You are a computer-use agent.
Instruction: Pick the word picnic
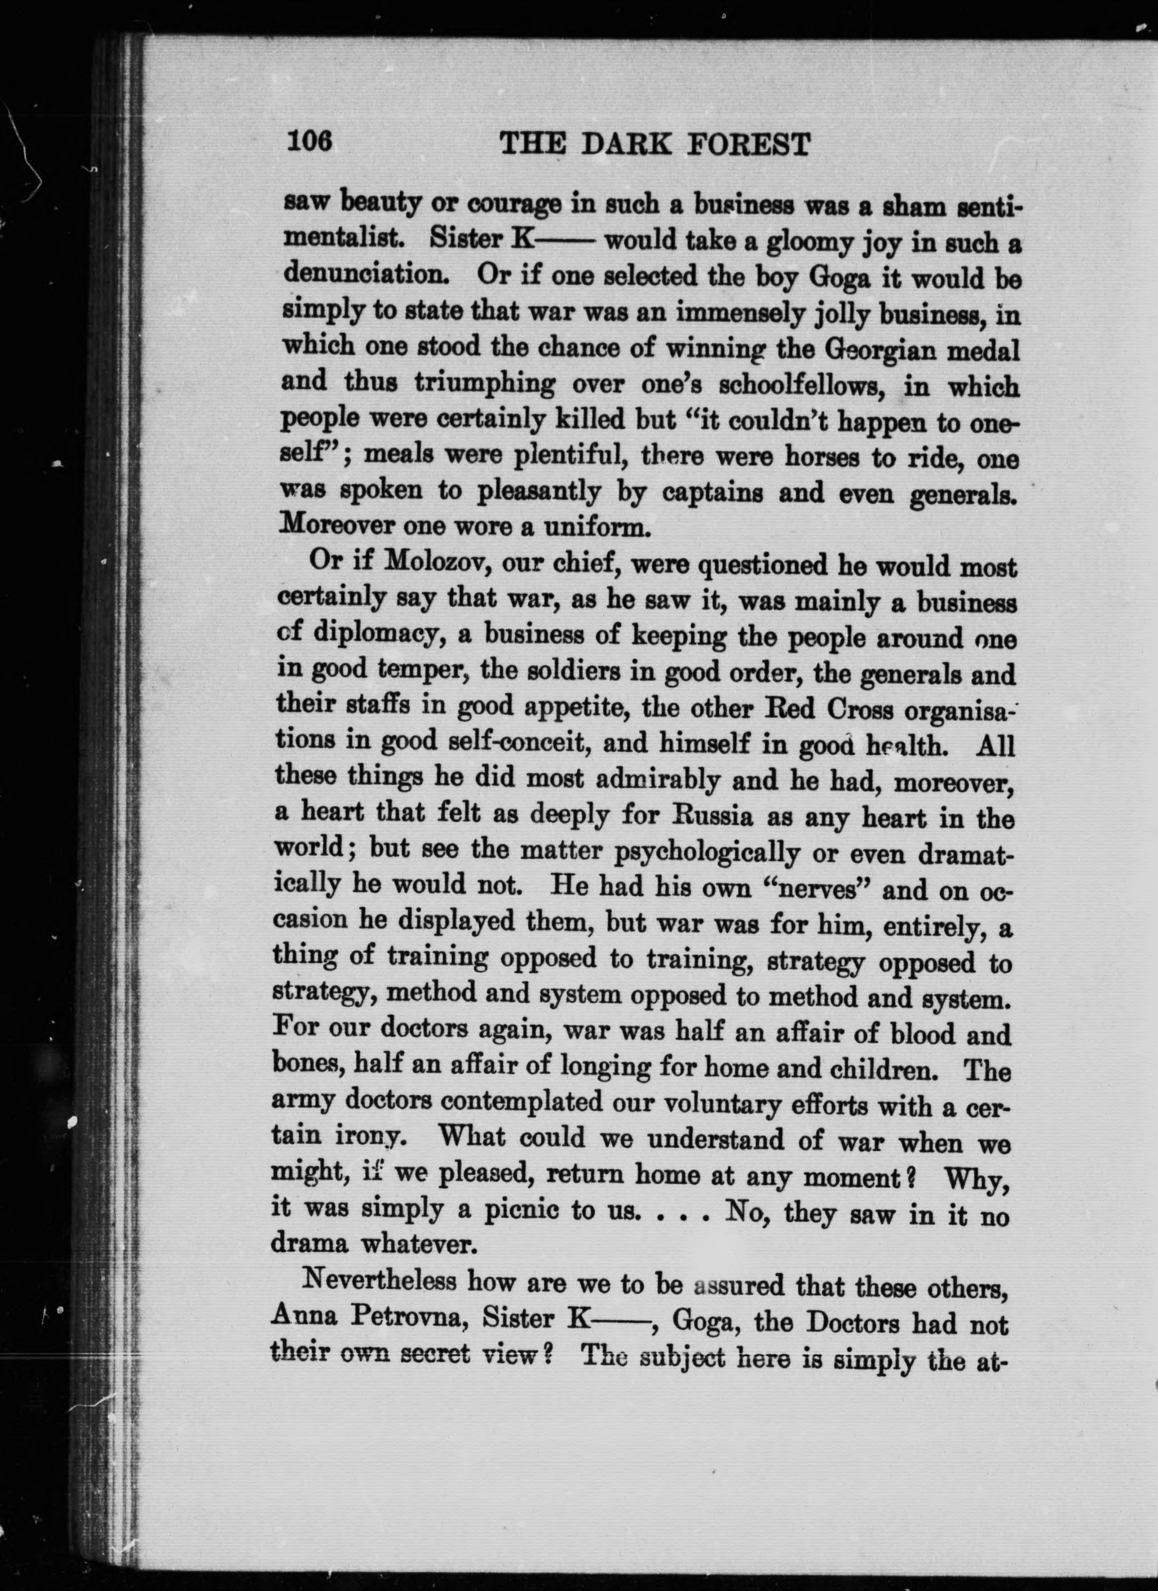click(520, 1212)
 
